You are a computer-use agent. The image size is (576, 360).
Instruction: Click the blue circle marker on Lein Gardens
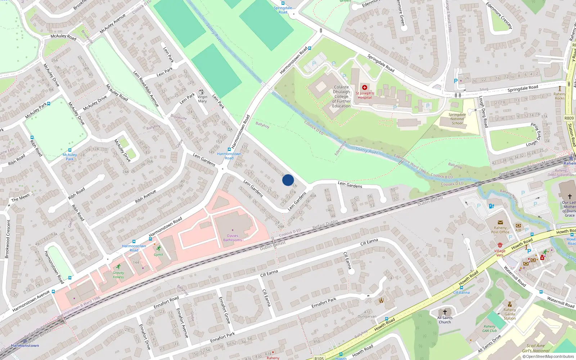(x=288, y=180)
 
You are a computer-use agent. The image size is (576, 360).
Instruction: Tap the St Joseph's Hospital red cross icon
(x=365, y=87)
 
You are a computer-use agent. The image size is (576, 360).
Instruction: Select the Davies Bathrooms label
(x=233, y=238)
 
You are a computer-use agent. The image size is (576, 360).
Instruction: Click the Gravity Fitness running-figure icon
(x=118, y=267)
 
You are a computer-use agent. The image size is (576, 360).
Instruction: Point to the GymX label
(x=158, y=255)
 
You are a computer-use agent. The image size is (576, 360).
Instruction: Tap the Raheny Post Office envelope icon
(x=500, y=222)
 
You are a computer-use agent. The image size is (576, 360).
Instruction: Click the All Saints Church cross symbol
(x=445, y=312)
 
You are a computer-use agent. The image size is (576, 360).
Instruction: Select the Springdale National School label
(x=457, y=119)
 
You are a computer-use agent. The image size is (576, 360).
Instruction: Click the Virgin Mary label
(x=202, y=99)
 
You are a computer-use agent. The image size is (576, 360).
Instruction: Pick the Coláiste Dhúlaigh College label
(x=341, y=96)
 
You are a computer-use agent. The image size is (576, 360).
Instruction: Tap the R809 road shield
(x=569, y=118)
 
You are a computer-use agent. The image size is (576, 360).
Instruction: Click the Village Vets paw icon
(x=500, y=245)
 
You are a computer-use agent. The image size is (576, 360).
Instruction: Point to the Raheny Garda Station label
(x=510, y=314)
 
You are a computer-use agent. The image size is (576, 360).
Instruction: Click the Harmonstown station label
(x=25, y=346)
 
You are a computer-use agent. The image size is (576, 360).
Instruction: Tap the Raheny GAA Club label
(x=490, y=329)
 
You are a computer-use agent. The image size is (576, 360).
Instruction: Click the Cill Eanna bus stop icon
(x=461, y=288)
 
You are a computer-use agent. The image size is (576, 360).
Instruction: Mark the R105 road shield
(x=319, y=358)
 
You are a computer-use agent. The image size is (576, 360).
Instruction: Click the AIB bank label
(x=518, y=230)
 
